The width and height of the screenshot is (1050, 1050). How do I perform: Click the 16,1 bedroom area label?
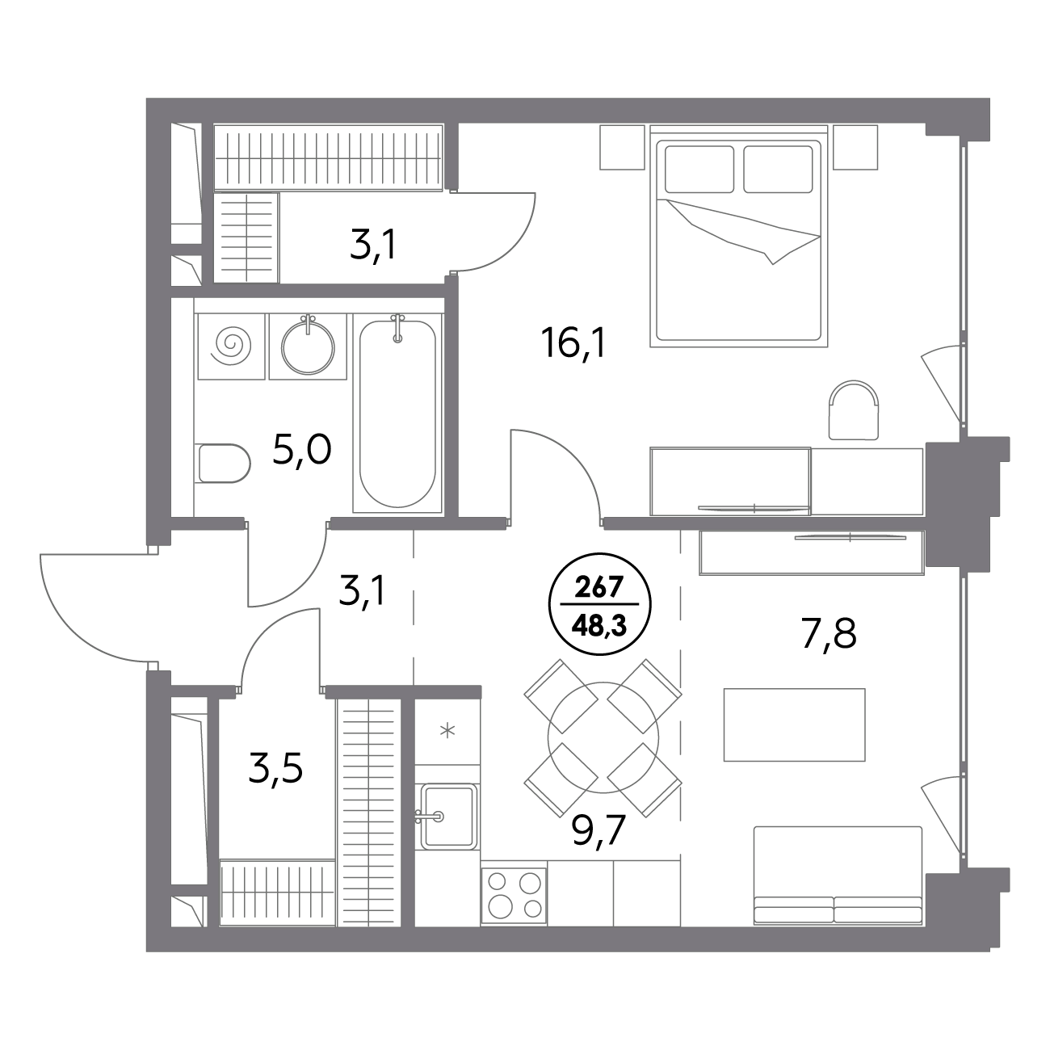(573, 345)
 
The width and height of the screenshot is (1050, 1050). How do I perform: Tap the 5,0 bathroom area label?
(302, 450)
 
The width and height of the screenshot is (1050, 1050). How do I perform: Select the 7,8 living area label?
(829, 635)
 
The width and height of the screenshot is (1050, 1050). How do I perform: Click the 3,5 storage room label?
(275, 769)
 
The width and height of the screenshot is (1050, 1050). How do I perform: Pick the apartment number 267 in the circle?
(598, 588)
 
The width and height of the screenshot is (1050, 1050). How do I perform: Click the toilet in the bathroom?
(224, 463)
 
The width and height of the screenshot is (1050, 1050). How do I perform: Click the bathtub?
(397, 414)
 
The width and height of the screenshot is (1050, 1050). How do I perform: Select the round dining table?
(603, 737)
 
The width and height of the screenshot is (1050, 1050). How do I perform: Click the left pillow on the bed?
(699, 169)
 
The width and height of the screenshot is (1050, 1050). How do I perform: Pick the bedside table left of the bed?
(622, 147)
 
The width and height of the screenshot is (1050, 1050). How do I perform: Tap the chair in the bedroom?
(853, 409)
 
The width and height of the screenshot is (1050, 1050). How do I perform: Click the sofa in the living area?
(838, 876)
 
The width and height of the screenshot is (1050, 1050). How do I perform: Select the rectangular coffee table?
(795, 725)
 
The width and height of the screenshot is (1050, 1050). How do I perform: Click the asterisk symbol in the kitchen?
(447, 731)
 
